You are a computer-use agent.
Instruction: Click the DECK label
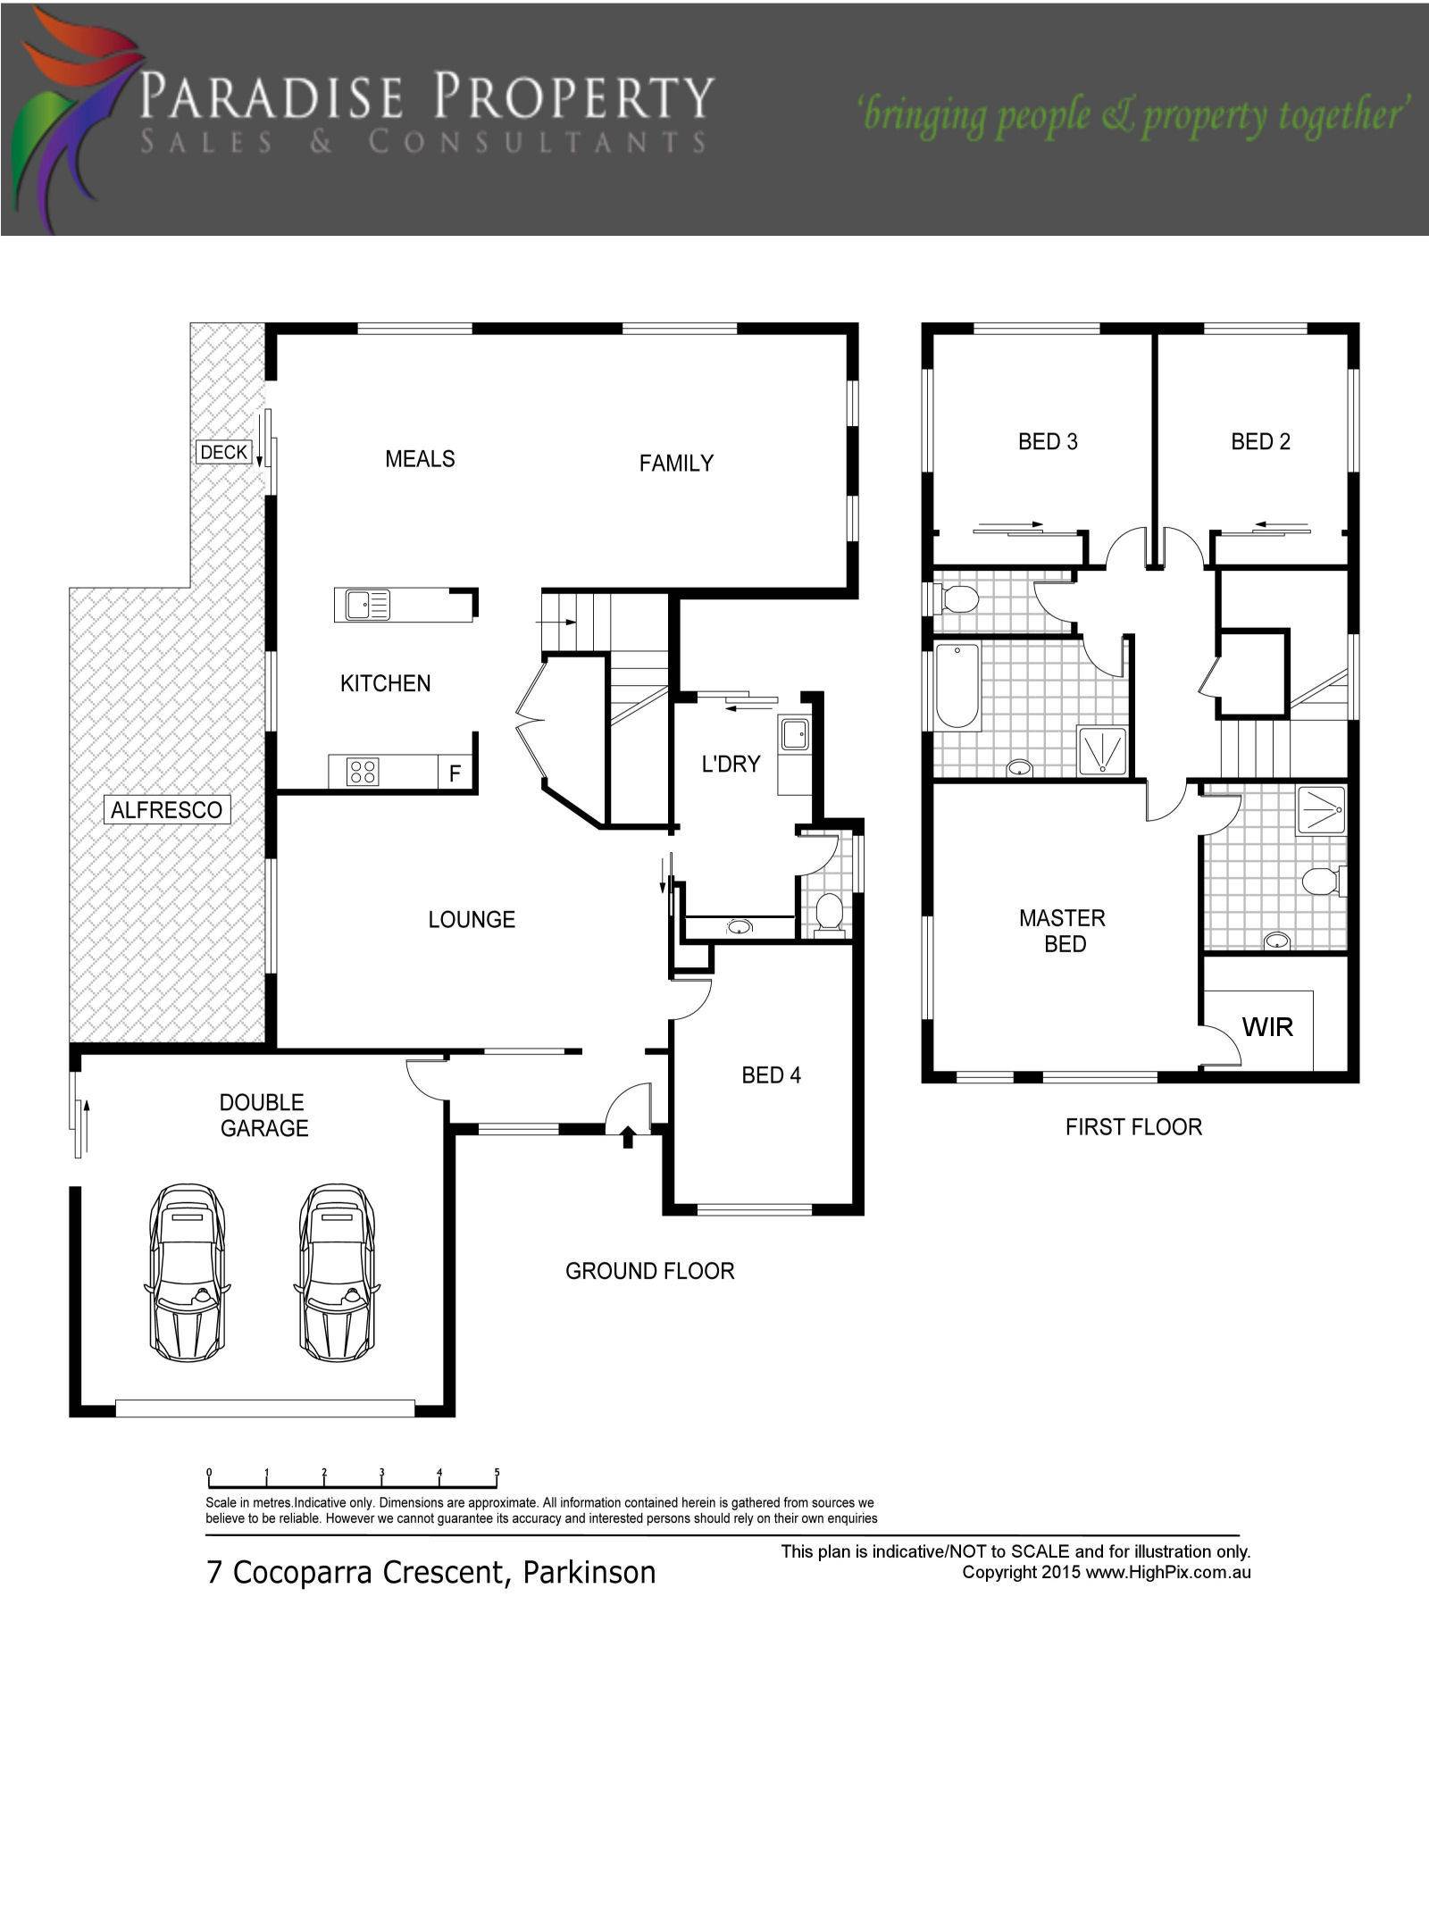tap(223, 453)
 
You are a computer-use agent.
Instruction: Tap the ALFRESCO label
tap(167, 810)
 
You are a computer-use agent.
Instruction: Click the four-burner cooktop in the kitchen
tap(363, 772)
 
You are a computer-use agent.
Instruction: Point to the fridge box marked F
tap(455, 773)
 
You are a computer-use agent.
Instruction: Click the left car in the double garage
tap(187, 1273)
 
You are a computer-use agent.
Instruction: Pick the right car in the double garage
tap(337, 1273)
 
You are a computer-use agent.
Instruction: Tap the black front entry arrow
tap(628, 1137)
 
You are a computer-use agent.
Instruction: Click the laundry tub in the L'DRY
tap(794, 735)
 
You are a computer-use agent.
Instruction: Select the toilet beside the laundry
tap(830, 914)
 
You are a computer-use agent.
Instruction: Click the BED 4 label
tap(772, 1075)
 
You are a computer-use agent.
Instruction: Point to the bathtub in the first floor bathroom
tap(957, 685)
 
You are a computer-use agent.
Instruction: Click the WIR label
tap(1267, 1027)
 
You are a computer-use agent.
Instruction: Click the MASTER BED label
tap(1063, 931)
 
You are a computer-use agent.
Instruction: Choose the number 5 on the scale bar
tap(497, 1473)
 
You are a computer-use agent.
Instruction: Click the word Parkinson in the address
tap(589, 1573)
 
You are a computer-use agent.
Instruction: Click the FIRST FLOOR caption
tap(1133, 1127)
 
